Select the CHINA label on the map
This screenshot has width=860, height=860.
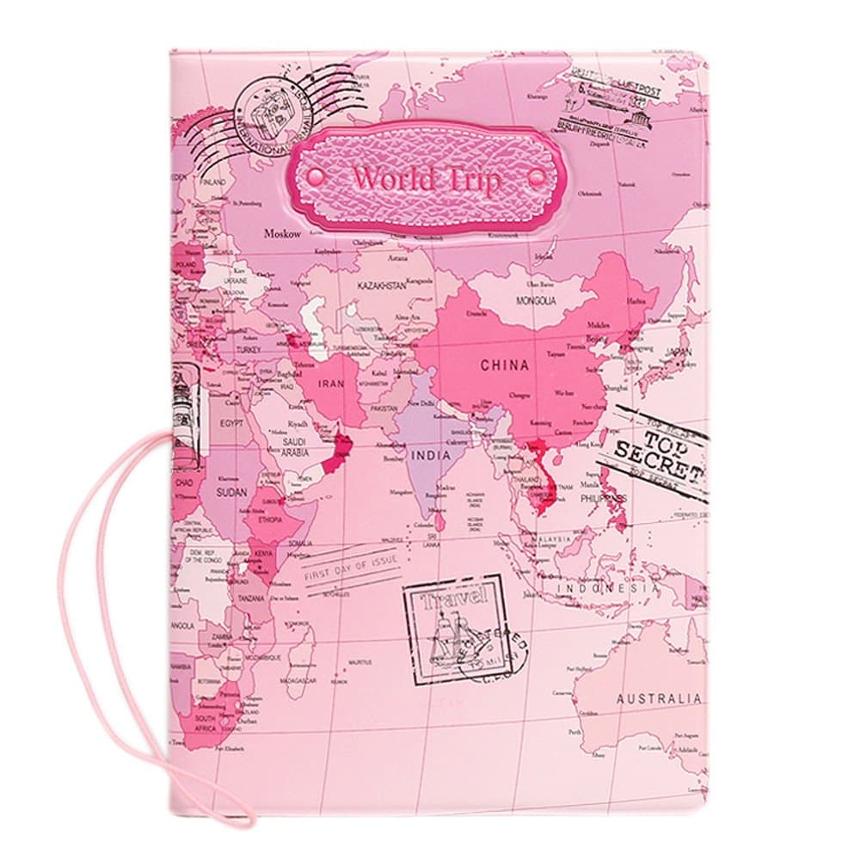tap(504, 365)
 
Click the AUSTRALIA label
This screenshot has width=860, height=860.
tap(659, 698)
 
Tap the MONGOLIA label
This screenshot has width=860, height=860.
tap(536, 302)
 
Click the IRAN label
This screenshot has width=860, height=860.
tap(332, 386)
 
